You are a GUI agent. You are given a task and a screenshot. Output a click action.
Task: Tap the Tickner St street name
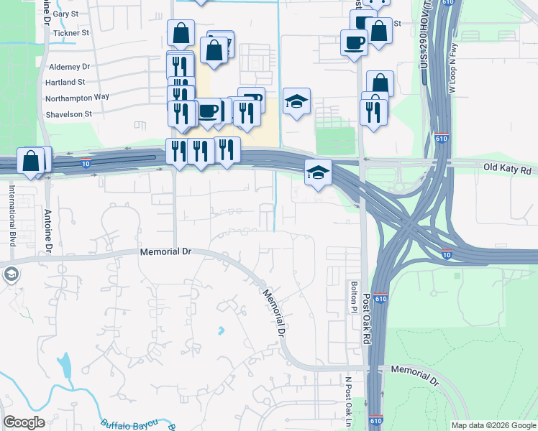tap(70, 33)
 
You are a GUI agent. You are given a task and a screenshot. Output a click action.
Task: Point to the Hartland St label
tap(66, 83)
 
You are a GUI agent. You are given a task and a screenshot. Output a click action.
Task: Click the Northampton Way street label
tap(77, 98)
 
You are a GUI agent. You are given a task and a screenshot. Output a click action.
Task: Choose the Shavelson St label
tap(69, 113)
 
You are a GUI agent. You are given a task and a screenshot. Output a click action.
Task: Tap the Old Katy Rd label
tap(507, 170)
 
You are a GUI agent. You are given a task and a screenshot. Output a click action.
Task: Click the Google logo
tap(24, 422)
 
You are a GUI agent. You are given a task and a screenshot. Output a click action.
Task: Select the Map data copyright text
tap(493, 425)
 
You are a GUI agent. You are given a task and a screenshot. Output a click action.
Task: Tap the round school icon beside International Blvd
tap(11, 274)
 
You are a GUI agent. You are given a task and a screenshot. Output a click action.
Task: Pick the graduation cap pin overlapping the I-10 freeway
tap(318, 172)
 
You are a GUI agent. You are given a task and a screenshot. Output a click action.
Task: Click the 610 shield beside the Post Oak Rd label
tap(380, 298)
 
